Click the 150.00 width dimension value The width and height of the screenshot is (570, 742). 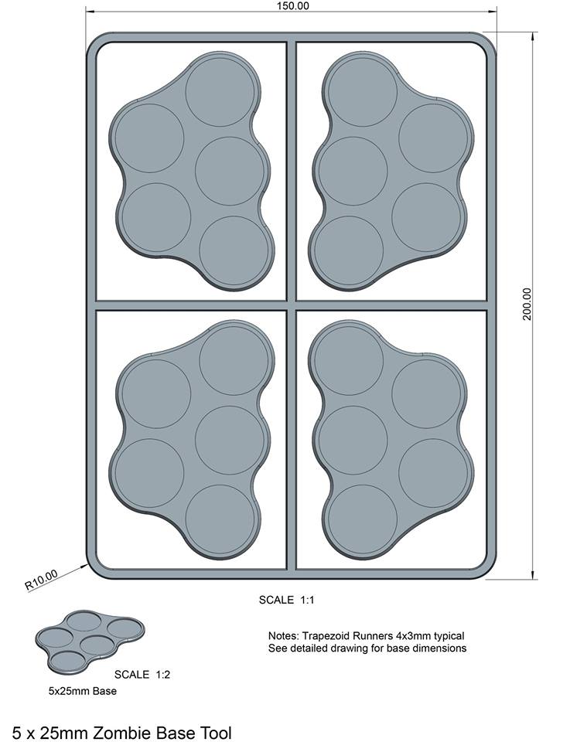click(292, 6)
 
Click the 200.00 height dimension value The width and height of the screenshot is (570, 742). click(527, 304)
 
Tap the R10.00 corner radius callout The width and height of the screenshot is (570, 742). click(41, 580)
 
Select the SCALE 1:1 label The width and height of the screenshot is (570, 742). click(286, 600)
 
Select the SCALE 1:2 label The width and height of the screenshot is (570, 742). click(142, 674)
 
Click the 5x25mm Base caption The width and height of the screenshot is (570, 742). click(83, 691)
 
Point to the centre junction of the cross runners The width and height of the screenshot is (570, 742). click(291, 305)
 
